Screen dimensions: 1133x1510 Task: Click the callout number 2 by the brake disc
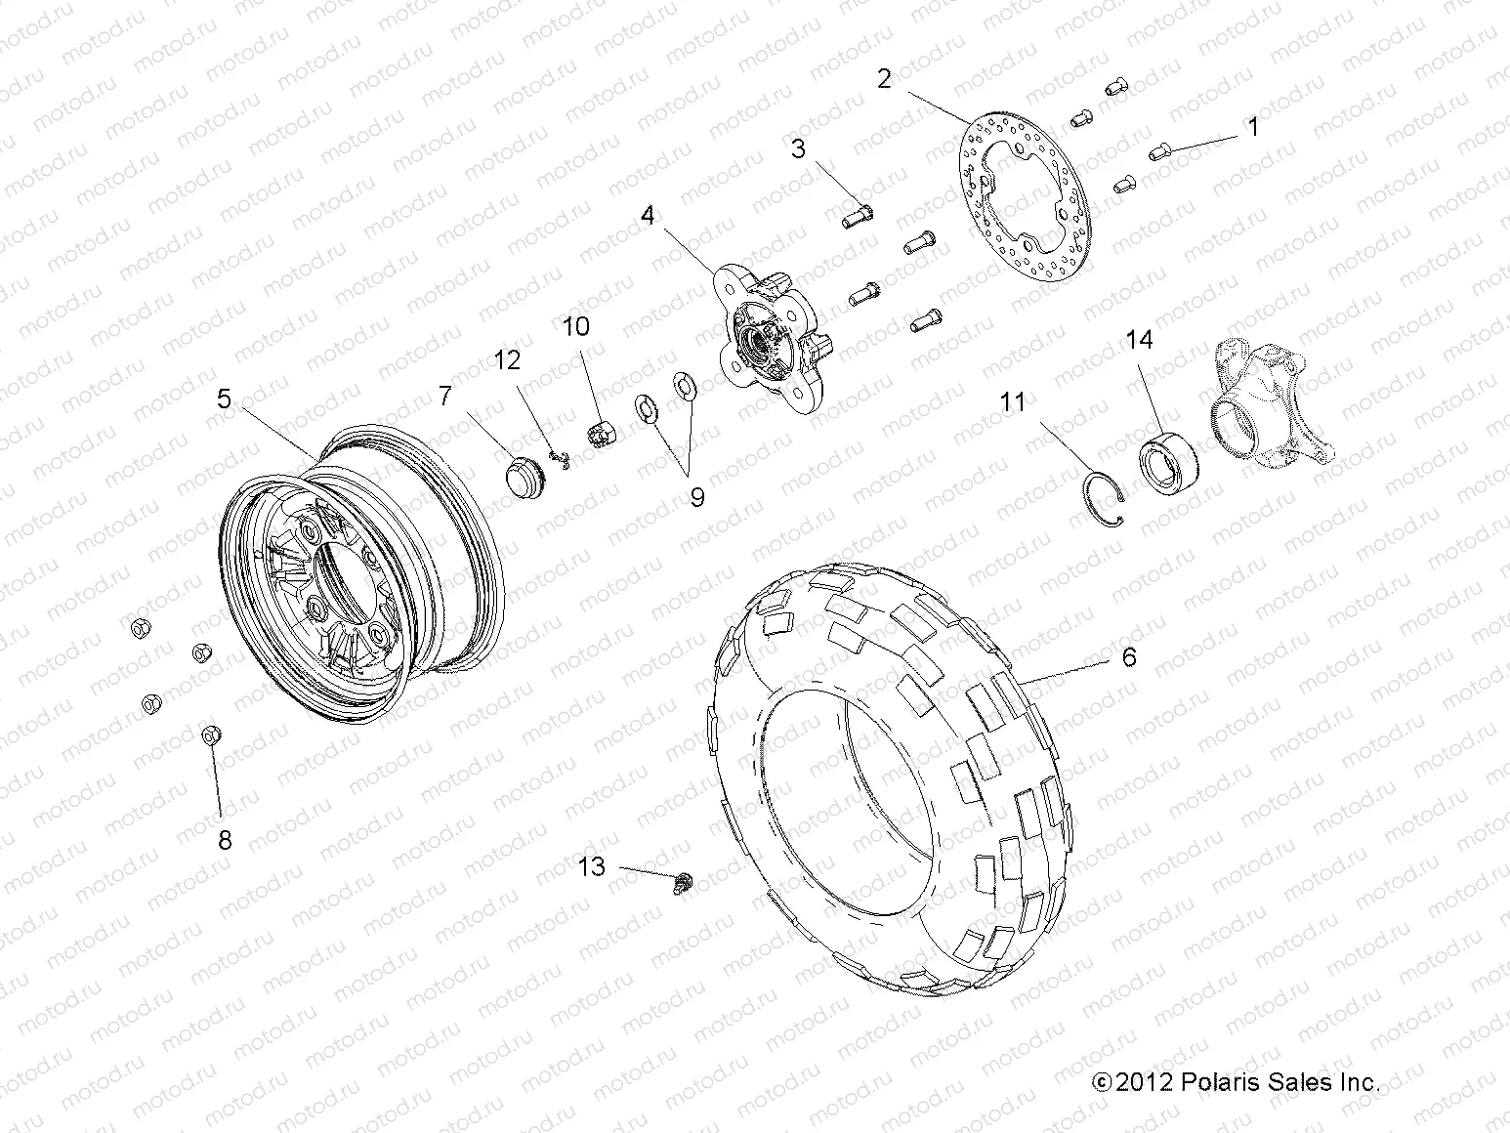tap(884, 78)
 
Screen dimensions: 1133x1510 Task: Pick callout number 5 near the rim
tap(224, 399)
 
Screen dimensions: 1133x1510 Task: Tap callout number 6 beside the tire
tap(1129, 657)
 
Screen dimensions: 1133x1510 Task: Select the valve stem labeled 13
tap(684, 884)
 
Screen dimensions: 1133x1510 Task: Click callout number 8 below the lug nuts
tap(225, 839)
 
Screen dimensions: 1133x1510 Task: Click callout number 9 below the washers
tap(697, 497)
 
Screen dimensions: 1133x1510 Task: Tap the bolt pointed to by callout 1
tap(1157, 151)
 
